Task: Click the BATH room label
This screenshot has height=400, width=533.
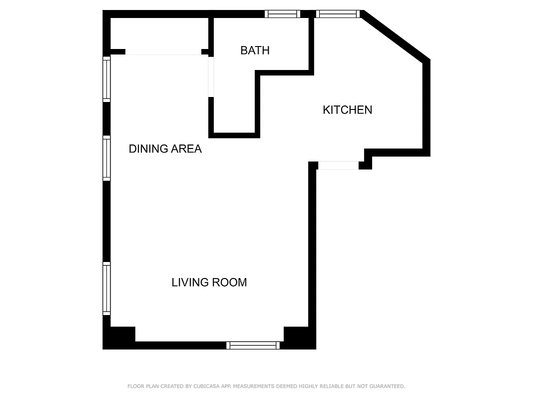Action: tap(255, 50)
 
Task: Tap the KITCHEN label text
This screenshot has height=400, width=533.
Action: tap(347, 110)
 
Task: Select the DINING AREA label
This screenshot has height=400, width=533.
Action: tap(165, 149)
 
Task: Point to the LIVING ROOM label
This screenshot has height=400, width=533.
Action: tap(209, 282)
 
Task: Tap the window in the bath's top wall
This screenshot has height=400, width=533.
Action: tap(282, 14)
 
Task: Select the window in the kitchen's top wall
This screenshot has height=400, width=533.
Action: tap(338, 14)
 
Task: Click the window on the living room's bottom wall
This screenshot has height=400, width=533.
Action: tap(253, 345)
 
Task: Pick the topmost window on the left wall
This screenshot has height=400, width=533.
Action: tap(106, 79)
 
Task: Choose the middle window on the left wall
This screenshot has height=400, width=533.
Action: tap(106, 158)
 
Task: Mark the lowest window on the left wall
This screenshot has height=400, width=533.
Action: tap(106, 288)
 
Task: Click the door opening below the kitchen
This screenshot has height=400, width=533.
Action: tap(338, 165)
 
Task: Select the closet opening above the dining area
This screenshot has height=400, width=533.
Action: tap(163, 52)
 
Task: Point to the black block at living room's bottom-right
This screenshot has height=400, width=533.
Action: tap(298, 336)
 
